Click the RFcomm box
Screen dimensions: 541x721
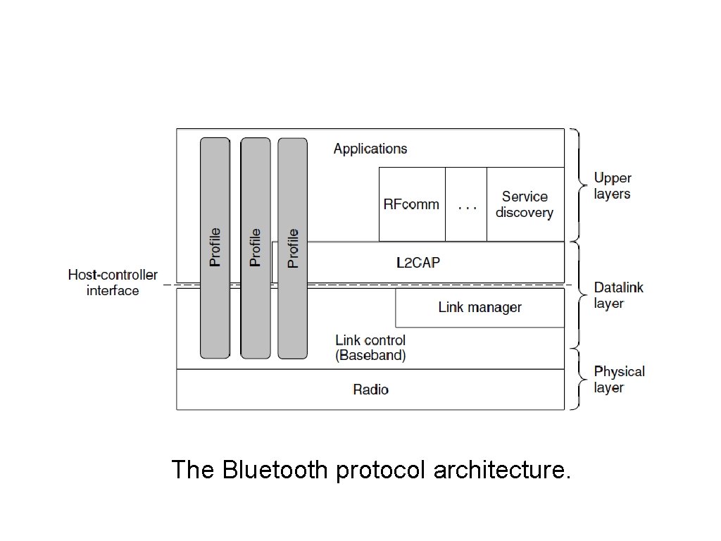pyautogui.click(x=411, y=204)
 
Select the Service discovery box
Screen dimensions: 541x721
pyautogui.click(x=525, y=204)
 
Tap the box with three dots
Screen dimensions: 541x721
pyautogui.click(x=466, y=204)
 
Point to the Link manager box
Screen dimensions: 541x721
pyautogui.click(x=479, y=307)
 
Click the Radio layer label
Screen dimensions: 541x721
pyautogui.click(x=370, y=390)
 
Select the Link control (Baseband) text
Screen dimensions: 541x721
pyautogui.click(x=370, y=348)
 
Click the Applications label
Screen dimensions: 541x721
pyautogui.click(x=370, y=149)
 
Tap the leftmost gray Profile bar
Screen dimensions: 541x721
pyautogui.click(x=215, y=247)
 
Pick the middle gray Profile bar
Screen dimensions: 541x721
pyautogui.click(x=255, y=247)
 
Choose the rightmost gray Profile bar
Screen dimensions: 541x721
pyautogui.click(x=292, y=247)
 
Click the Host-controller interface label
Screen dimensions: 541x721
pyautogui.click(x=113, y=282)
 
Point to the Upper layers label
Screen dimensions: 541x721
pyautogui.click(x=613, y=186)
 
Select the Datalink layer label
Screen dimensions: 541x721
pyautogui.click(x=618, y=295)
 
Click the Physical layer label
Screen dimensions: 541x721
pyautogui.click(x=619, y=379)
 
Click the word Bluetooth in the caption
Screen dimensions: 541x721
pyautogui.click(x=275, y=469)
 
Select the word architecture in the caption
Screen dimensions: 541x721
pyautogui.click(x=501, y=469)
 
